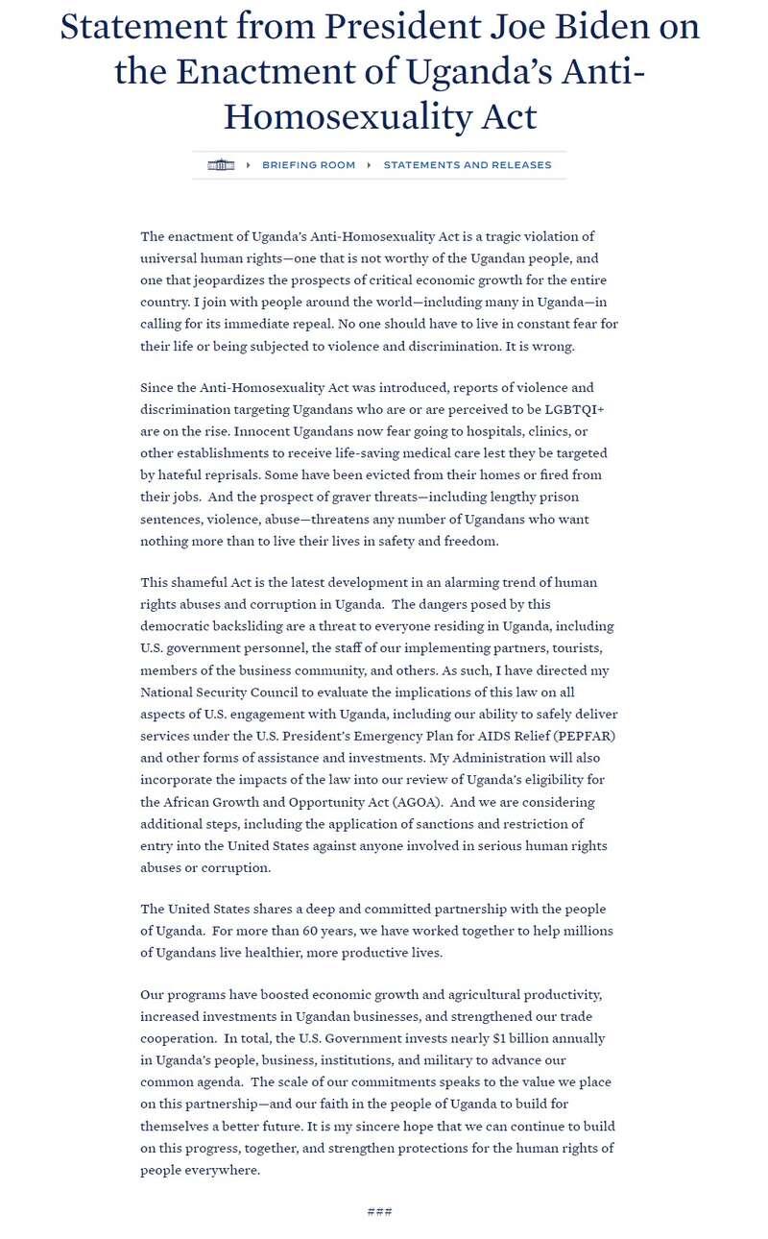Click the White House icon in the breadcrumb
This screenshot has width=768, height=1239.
coord(221,165)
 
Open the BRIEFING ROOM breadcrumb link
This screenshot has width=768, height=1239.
coord(308,165)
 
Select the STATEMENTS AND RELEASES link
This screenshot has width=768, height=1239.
coord(468,165)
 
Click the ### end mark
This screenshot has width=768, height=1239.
coord(379,1212)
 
